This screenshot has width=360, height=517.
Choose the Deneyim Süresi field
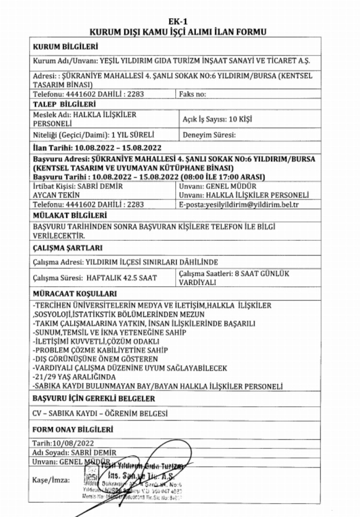click(208, 135)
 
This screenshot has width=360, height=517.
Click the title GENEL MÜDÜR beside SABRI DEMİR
click(231, 186)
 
